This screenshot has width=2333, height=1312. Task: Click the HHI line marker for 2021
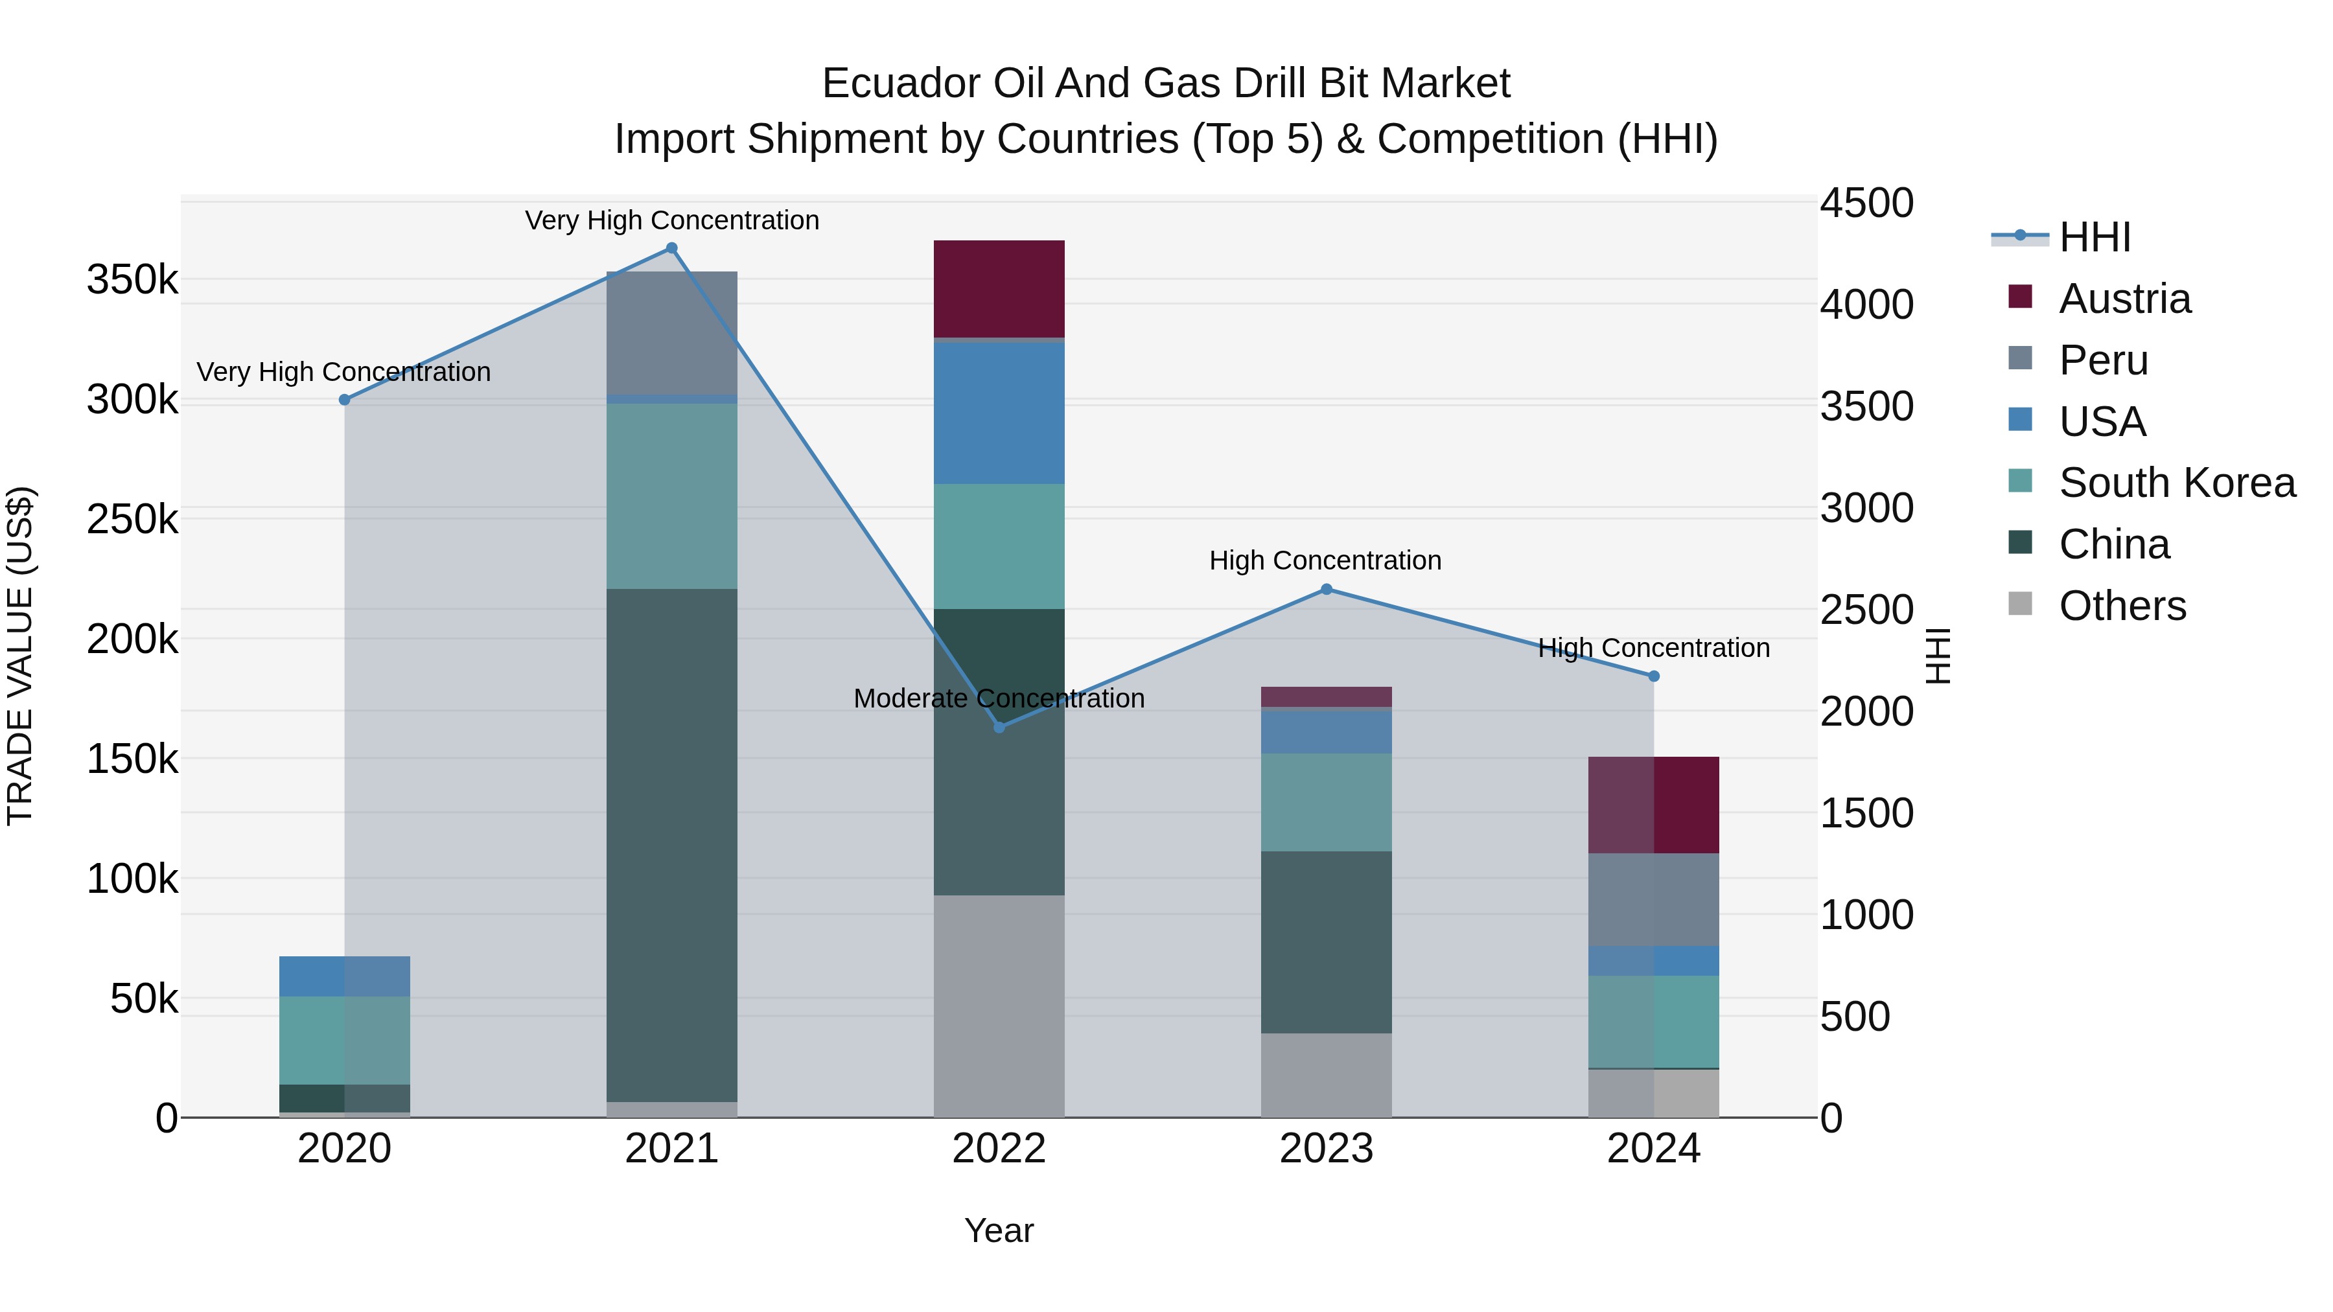[671, 248]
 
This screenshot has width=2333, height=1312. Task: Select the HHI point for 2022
[999, 727]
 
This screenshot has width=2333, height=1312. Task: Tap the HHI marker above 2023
[1326, 590]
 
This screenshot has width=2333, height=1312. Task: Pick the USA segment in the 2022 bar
[999, 413]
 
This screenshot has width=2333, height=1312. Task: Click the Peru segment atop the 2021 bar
[671, 332]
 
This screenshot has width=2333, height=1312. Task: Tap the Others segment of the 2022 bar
[999, 1005]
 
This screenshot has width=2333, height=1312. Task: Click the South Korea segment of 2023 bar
[1326, 801]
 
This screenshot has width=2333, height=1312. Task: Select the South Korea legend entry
[2176, 483]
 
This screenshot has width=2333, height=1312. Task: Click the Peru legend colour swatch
[2019, 358]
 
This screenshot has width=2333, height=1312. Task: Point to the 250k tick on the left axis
[132, 520]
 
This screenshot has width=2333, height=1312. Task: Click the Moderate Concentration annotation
[999, 698]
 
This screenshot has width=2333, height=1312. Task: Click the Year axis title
[999, 1230]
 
